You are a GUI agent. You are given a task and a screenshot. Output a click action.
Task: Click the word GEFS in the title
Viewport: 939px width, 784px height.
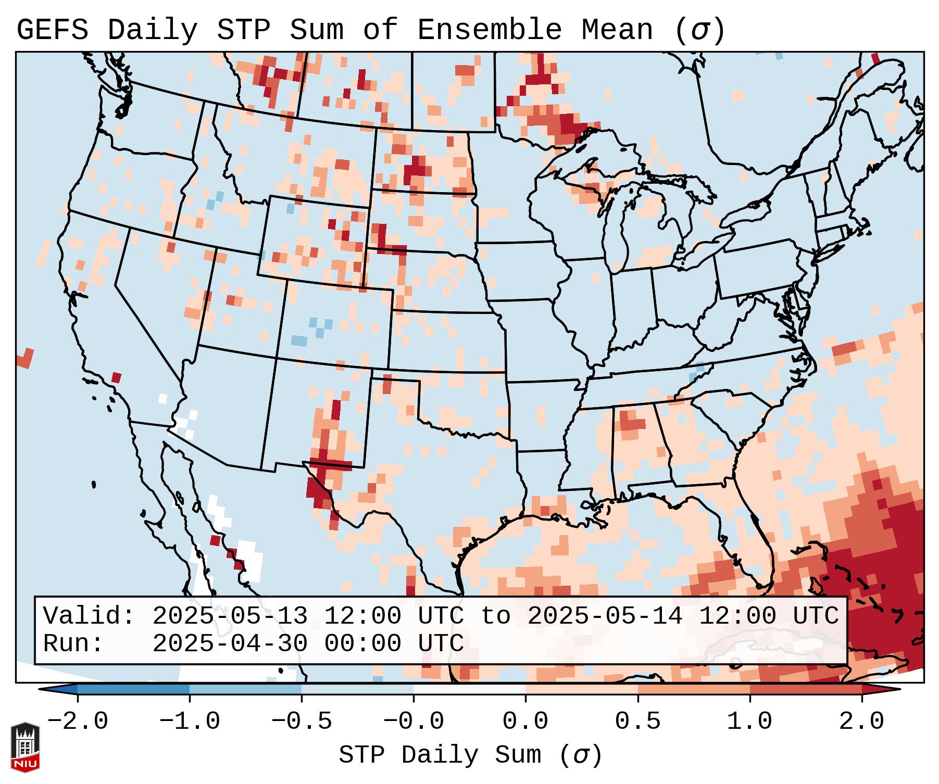click(52, 30)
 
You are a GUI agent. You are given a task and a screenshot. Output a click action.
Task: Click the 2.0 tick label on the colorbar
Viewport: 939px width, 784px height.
click(862, 722)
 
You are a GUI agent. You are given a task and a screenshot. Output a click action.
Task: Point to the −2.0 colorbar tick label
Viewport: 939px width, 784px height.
click(78, 722)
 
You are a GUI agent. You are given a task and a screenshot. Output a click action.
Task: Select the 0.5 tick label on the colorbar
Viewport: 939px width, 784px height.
click(638, 722)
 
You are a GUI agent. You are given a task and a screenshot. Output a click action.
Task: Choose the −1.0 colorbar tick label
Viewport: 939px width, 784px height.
click(190, 722)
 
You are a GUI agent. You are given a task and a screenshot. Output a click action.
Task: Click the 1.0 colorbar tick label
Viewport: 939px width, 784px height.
click(750, 722)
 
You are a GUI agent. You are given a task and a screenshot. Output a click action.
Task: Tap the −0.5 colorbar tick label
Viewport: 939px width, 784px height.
click(302, 722)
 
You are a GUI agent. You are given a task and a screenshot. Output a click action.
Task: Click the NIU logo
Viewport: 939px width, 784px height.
click(25, 747)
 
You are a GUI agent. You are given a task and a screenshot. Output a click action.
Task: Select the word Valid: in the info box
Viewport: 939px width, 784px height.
click(89, 616)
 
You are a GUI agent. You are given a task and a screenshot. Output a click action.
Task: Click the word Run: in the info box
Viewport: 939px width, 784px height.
click(73, 644)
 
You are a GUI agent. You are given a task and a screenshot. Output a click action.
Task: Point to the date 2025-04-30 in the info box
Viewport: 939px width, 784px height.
click(230, 644)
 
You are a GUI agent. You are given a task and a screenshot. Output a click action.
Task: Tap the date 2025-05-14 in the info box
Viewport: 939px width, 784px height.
click(605, 616)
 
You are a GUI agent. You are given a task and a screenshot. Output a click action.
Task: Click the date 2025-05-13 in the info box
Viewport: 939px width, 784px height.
click(230, 616)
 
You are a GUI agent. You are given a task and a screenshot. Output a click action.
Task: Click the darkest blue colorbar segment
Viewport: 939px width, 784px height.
click(133, 689)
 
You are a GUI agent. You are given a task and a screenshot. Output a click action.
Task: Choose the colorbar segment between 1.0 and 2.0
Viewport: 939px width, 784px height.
click(806, 689)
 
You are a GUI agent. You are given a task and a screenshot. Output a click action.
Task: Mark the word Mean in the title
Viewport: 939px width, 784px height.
click(617, 30)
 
